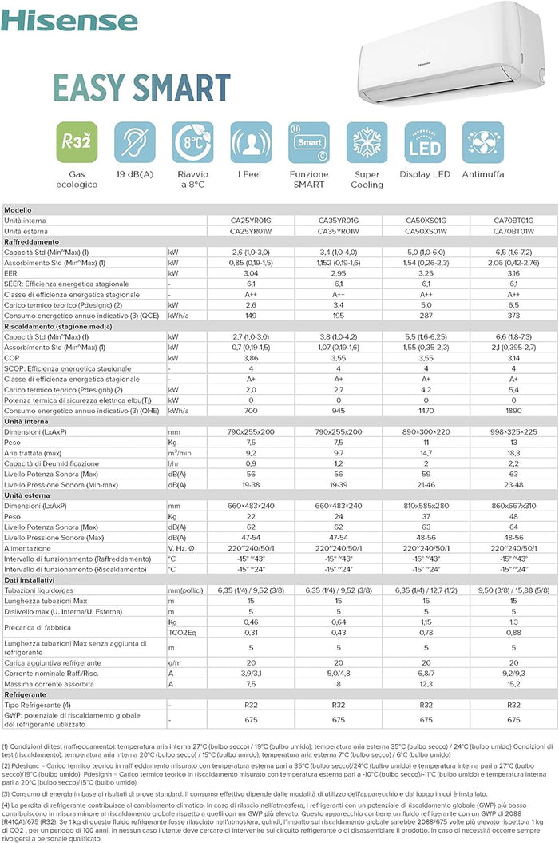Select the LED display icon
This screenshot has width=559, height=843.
point(425,142)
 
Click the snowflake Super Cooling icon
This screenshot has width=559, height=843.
point(367,142)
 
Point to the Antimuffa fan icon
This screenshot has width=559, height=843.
point(483,142)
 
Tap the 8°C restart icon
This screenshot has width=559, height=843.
point(192,142)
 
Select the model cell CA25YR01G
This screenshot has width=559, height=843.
point(251,220)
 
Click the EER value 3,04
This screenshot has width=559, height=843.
point(251,273)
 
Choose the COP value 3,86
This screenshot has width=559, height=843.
point(251,357)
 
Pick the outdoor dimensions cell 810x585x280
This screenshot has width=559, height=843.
point(426,506)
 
